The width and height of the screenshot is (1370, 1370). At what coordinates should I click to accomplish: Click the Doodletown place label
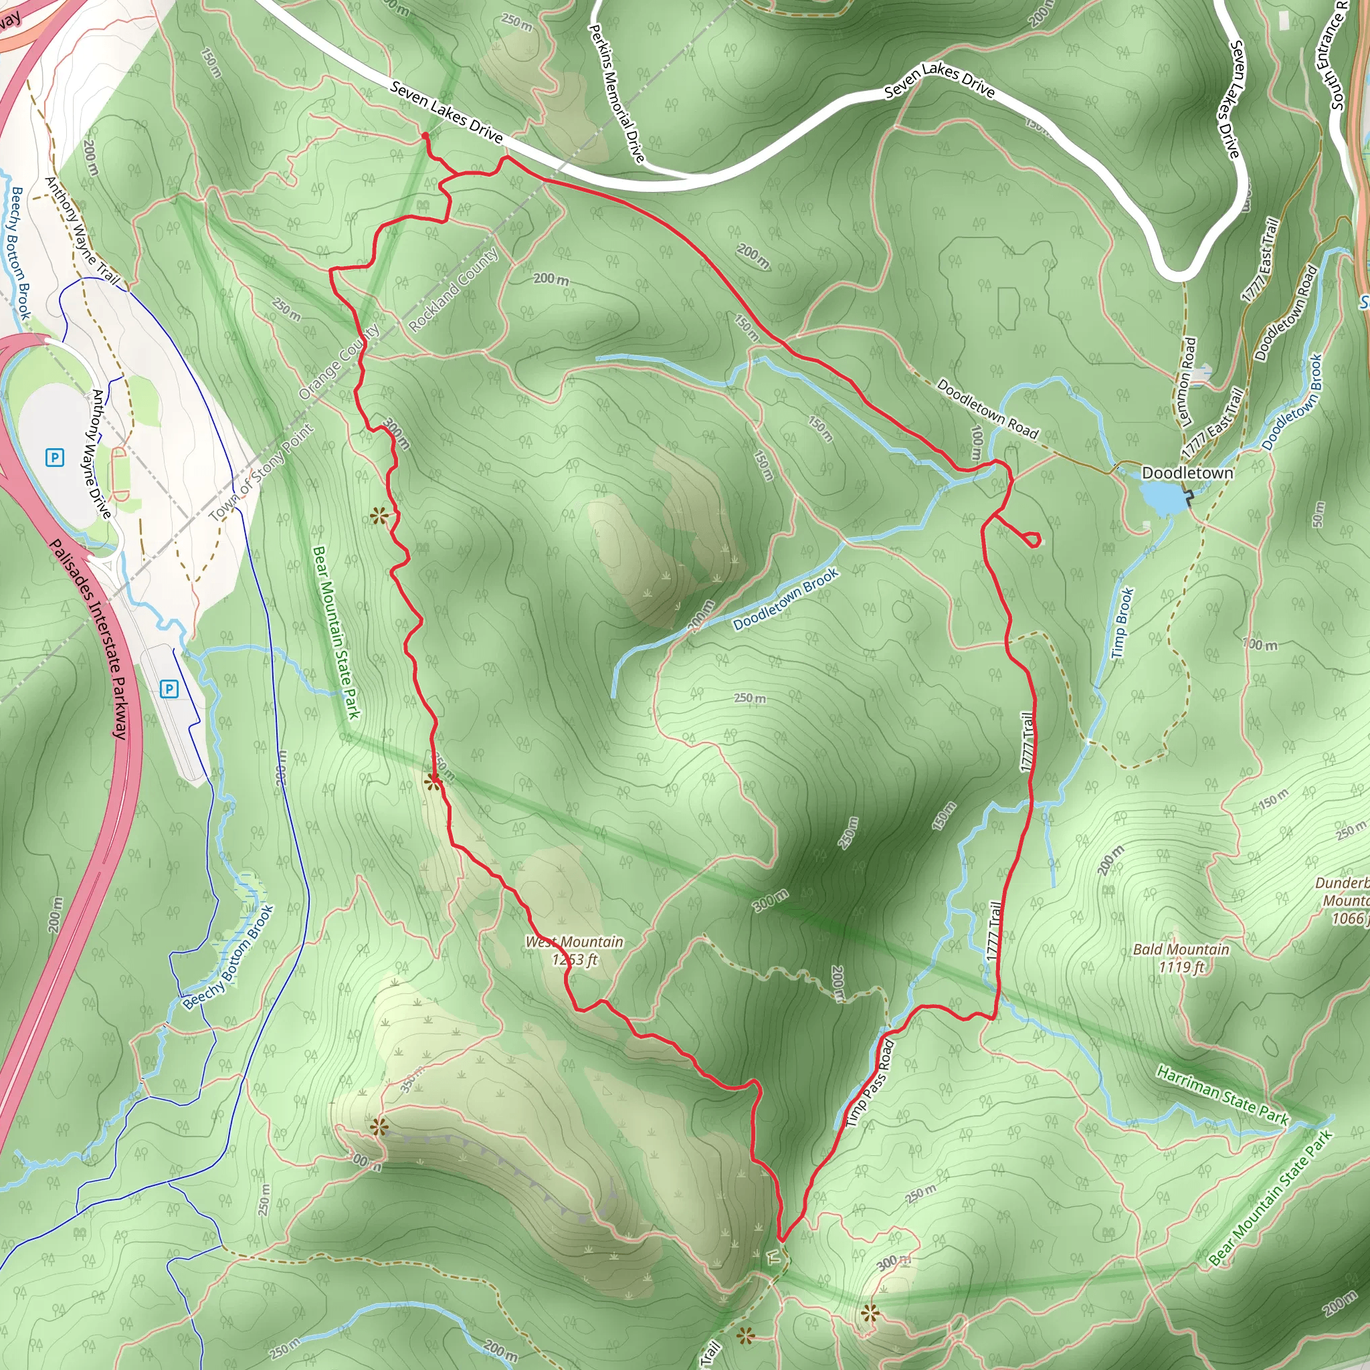coord(1187,473)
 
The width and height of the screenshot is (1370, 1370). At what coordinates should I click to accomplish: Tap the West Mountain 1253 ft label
coord(575,950)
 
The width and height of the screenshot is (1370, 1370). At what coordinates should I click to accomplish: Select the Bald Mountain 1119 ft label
coord(1181,957)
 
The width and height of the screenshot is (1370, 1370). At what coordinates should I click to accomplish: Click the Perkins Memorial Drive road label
coord(617,92)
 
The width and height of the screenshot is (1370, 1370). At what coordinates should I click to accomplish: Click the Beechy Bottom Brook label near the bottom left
coord(228,957)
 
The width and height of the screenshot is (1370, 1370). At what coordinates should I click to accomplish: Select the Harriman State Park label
coord(1223,1095)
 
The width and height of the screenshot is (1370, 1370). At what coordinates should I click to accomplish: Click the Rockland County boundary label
coord(454,289)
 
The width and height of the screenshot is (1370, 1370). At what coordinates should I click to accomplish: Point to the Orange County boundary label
coord(339,362)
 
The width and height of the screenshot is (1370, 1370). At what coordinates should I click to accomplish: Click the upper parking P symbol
coord(55,458)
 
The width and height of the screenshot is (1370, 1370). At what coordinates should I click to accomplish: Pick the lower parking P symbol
coord(169,688)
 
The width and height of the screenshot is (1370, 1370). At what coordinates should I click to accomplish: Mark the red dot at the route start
coord(425,135)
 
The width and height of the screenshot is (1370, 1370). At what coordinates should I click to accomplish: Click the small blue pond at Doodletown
coord(1163,498)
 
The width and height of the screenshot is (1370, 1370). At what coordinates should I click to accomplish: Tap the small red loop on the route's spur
coord(1033,540)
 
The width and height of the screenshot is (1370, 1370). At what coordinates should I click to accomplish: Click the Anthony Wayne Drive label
coord(102,454)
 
